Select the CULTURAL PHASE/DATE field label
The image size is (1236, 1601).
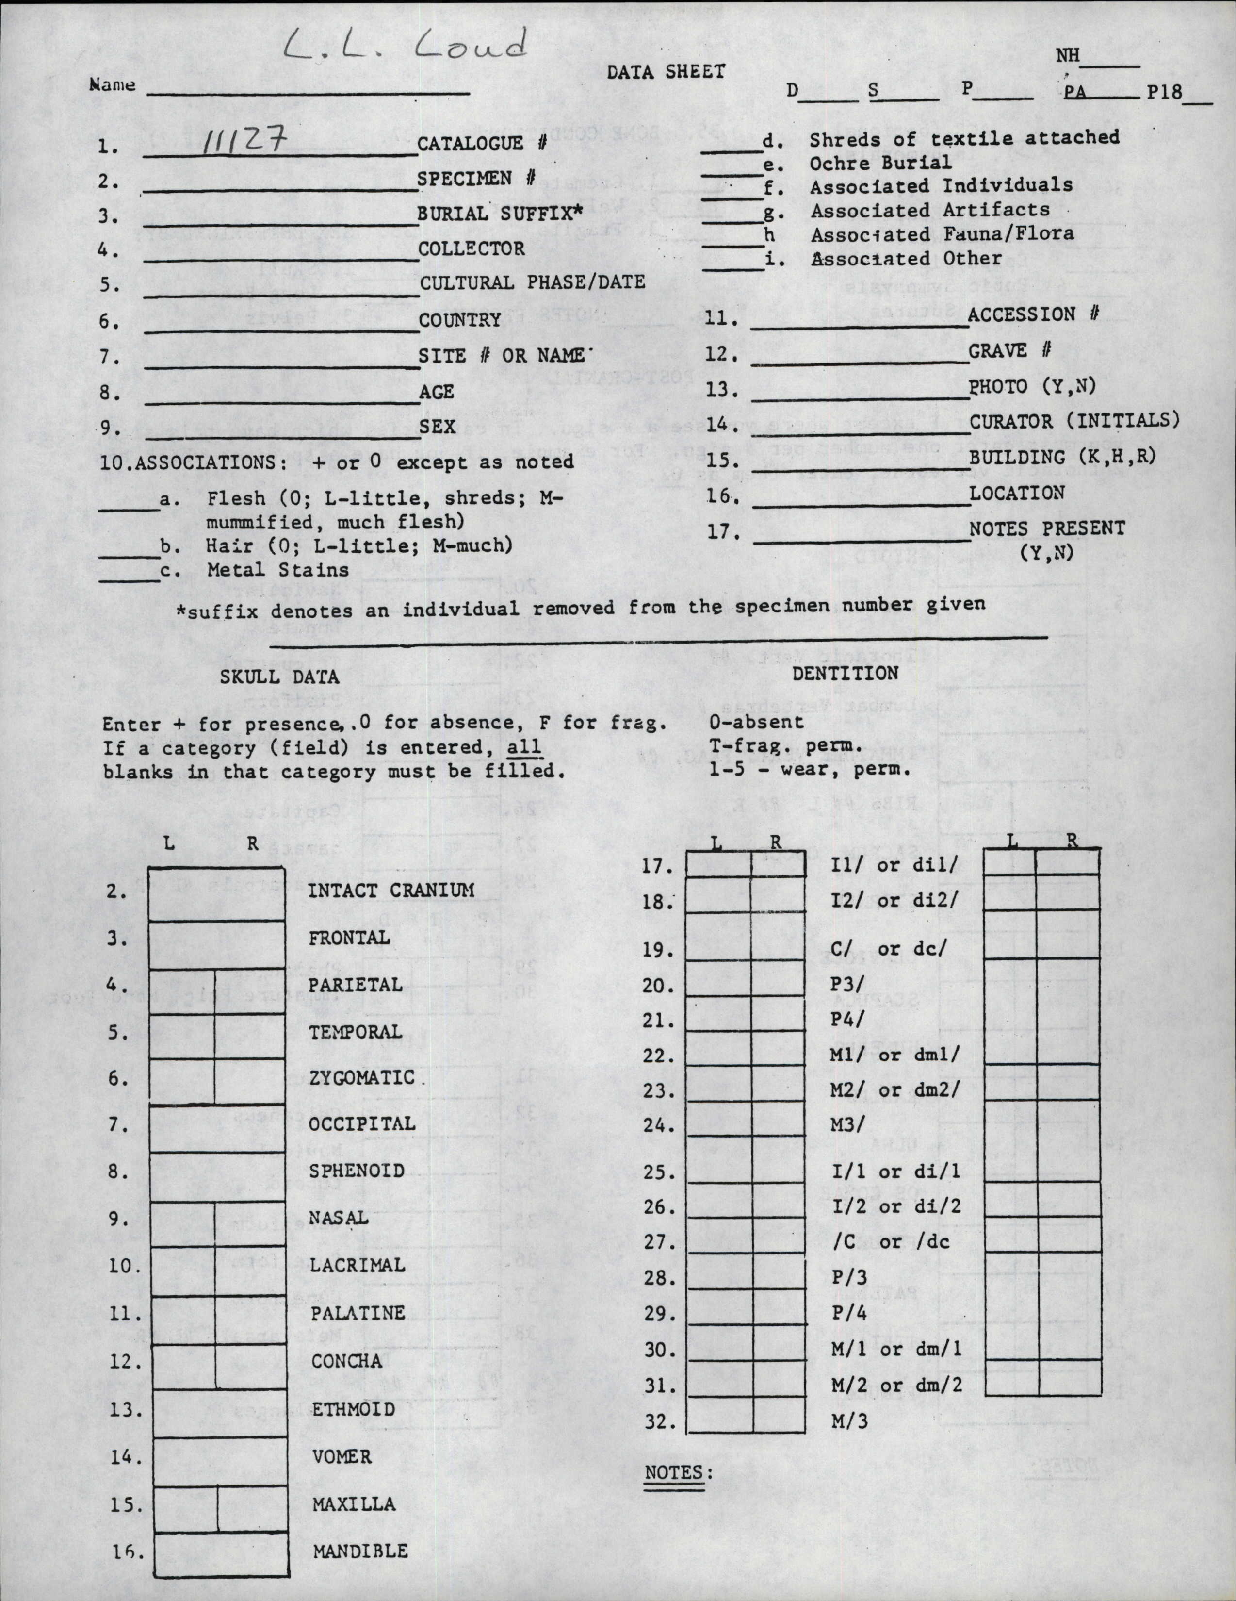tap(532, 282)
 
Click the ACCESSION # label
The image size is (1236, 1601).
tap(1033, 314)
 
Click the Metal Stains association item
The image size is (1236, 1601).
tap(277, 570)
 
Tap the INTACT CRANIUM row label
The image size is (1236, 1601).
tap(391, 891)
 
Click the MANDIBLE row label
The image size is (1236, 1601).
tap(360, 1551)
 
